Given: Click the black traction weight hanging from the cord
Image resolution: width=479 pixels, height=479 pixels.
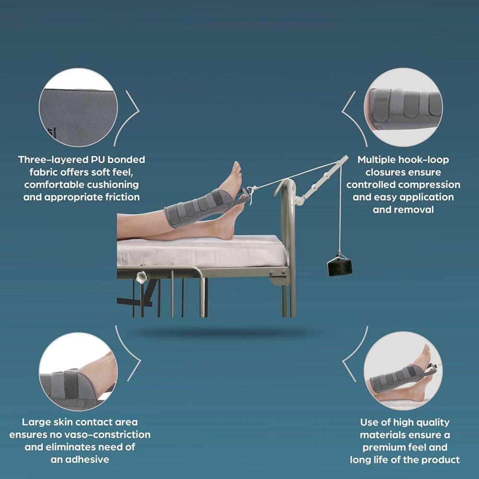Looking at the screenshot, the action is tap(340, 266).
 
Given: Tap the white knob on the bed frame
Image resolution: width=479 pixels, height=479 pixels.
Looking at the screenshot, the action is tap(142, 277).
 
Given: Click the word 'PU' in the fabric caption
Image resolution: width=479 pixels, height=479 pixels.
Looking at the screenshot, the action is tap(97, 160).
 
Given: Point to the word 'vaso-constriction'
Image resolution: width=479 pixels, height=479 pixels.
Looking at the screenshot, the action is tap(108, 434).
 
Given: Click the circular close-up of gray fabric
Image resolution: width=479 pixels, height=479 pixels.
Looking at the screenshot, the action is tap(78, 107).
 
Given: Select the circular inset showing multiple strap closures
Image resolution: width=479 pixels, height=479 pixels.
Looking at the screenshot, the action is tap(403, 107).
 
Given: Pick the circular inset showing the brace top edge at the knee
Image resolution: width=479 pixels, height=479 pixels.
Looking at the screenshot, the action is tap(78, 372).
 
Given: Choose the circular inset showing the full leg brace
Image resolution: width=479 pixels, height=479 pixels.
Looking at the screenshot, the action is tap(403, 371).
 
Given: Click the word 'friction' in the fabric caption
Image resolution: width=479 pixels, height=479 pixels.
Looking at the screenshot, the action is tap(123, 197).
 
